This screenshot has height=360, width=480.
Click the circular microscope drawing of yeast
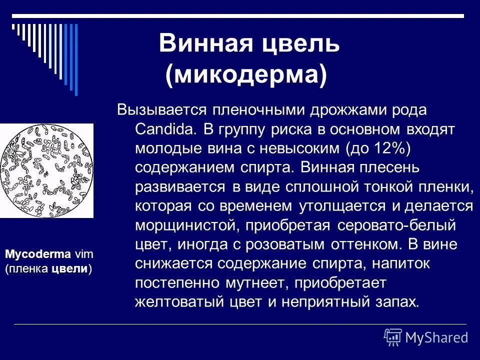click(46, 170)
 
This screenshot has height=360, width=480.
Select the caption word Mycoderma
click(38, 254)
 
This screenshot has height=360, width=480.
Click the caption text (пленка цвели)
click(48, 268)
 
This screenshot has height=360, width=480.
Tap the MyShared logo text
click(436, 337)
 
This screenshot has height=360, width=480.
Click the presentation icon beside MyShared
click(393, 337)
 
